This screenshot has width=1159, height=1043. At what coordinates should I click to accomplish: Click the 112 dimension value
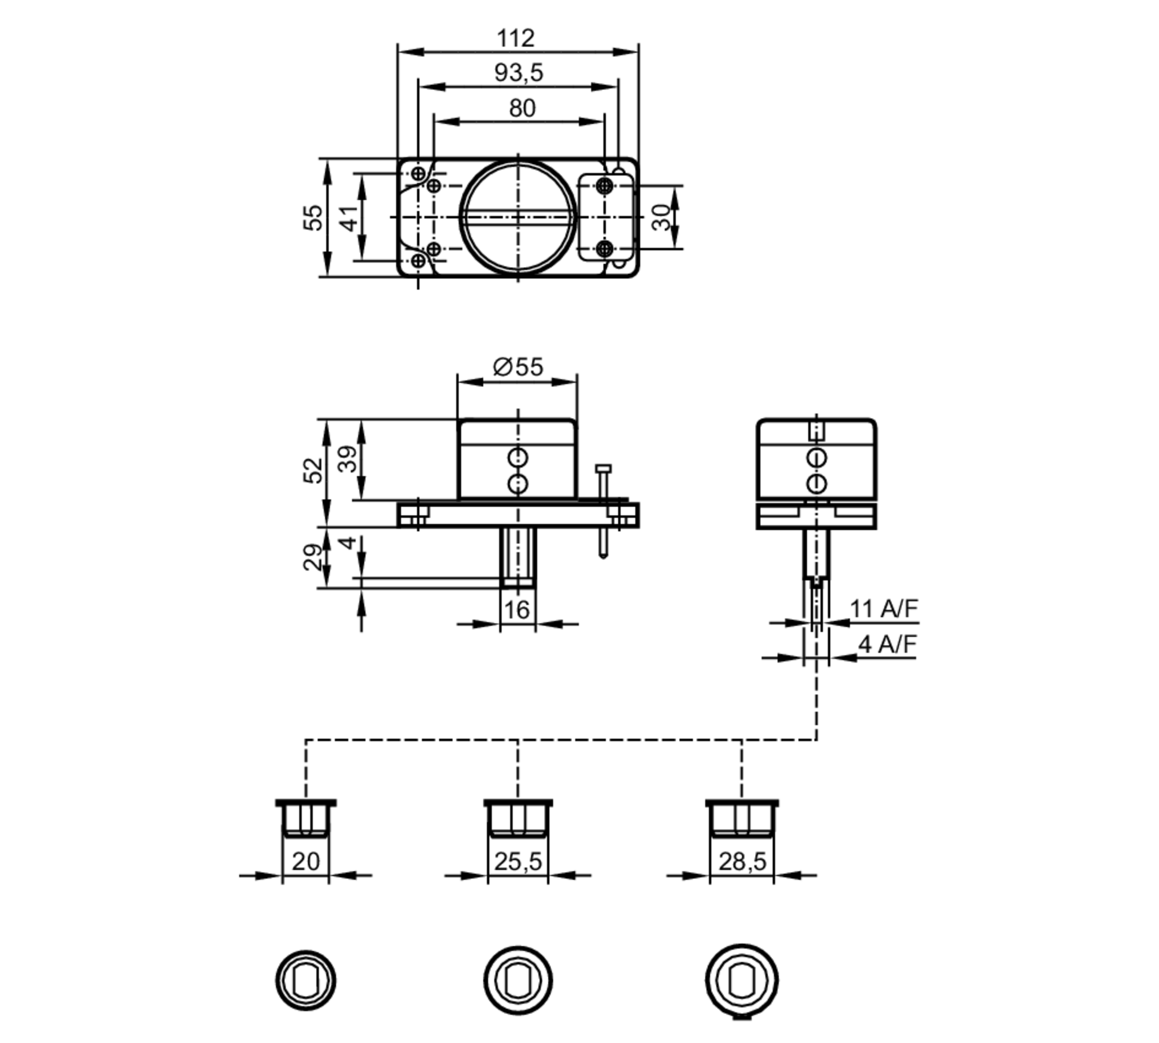click(515, 39)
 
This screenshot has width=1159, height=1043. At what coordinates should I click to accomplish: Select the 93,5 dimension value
click(519, 73)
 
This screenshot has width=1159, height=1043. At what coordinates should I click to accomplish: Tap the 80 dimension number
click(522, 108)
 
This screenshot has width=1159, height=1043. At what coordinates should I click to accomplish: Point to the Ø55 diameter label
click(517, 367)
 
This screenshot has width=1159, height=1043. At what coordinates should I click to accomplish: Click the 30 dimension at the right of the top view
click(661, 217)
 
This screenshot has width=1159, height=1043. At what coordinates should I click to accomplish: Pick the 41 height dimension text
click(349, 217)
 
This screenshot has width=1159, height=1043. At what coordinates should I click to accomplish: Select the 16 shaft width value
click(516, 610)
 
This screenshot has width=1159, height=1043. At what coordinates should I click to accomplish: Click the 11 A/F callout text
click(883, 609)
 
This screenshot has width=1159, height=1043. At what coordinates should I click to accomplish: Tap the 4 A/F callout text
click(887, 644)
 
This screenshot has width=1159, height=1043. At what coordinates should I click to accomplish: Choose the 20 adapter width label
click(305, 862)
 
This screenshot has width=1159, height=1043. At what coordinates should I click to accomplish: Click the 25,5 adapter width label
click(517, 862)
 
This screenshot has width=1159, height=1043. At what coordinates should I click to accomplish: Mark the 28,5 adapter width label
click(742, 862)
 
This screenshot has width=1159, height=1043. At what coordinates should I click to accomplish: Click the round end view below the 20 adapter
click(305, 980)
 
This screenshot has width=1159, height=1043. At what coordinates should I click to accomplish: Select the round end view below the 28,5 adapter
click(742, 980)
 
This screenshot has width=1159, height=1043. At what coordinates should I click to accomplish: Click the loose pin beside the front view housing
click(603, 510)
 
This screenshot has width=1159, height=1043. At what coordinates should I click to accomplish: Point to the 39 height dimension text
click(348, 459)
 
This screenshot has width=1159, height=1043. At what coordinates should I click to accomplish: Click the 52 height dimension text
click(313, 470)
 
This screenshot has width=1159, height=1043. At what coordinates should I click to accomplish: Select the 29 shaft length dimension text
click(313, 557)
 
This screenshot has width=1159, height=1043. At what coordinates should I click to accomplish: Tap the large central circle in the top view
click(517, 217)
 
